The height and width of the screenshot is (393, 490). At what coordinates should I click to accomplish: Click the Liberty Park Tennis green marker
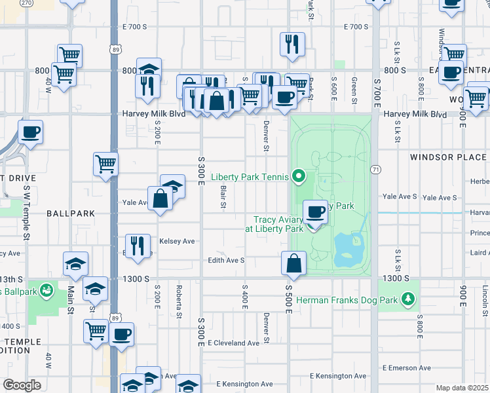coord(299,176)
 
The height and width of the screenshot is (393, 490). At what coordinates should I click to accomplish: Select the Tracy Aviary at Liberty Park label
coord(274,225)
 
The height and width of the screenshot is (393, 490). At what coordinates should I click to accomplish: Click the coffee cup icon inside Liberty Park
coord(316,212)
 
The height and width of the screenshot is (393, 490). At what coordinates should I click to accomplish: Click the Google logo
coord(22,385)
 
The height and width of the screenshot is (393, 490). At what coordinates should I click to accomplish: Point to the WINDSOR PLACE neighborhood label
coord(448,157)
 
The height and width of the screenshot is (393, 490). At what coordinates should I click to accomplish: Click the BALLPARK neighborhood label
coord(71,214)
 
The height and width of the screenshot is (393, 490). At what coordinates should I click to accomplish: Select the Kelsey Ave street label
coord(177,241)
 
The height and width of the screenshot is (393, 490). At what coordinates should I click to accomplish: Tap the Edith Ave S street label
coord(226,260)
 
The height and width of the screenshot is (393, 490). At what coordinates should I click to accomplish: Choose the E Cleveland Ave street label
coord(234,343)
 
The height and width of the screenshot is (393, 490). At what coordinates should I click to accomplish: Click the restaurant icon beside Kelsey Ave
coord(138,246)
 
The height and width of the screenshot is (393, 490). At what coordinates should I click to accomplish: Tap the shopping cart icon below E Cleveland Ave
coord(96,331)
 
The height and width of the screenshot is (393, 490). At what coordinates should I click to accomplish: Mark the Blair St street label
coord(223,197)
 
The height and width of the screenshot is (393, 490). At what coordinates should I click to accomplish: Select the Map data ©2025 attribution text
coord(462,388)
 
